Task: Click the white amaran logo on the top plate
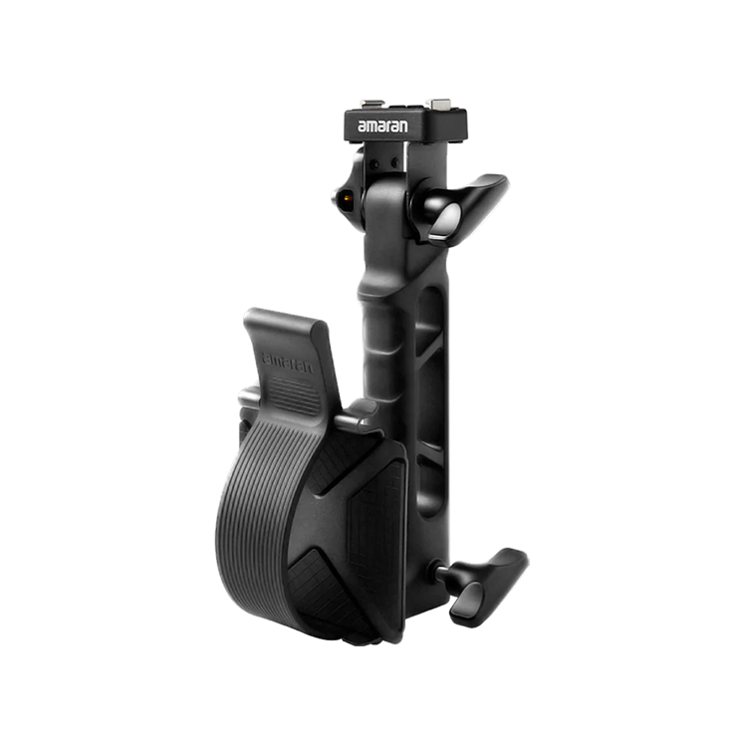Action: point(382,126)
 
